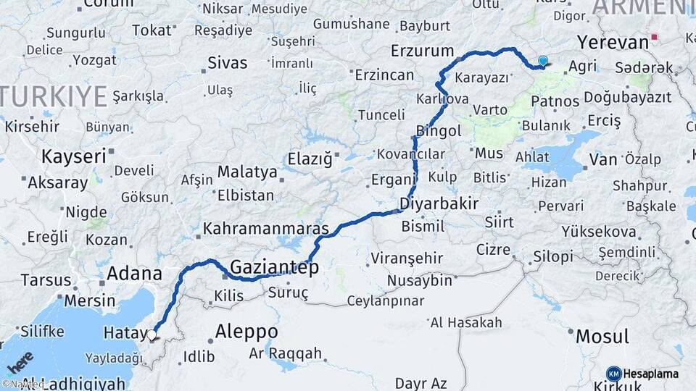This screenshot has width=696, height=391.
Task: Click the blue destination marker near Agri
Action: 542,62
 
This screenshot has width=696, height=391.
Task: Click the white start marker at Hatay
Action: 152,335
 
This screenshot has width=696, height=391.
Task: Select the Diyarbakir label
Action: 439,203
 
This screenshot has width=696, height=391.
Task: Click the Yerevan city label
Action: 613,42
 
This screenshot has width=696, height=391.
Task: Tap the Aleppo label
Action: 246,332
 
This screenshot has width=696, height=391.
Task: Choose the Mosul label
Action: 602,337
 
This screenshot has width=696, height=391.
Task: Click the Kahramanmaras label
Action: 265,229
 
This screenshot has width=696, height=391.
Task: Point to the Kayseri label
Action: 73,156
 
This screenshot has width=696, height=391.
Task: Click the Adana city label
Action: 134,274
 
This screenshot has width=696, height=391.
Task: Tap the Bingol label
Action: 439,131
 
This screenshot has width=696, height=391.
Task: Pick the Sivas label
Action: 227,63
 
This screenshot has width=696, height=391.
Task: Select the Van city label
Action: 603,159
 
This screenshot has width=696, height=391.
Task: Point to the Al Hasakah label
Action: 465,322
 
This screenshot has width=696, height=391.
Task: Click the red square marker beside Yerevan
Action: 655,36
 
